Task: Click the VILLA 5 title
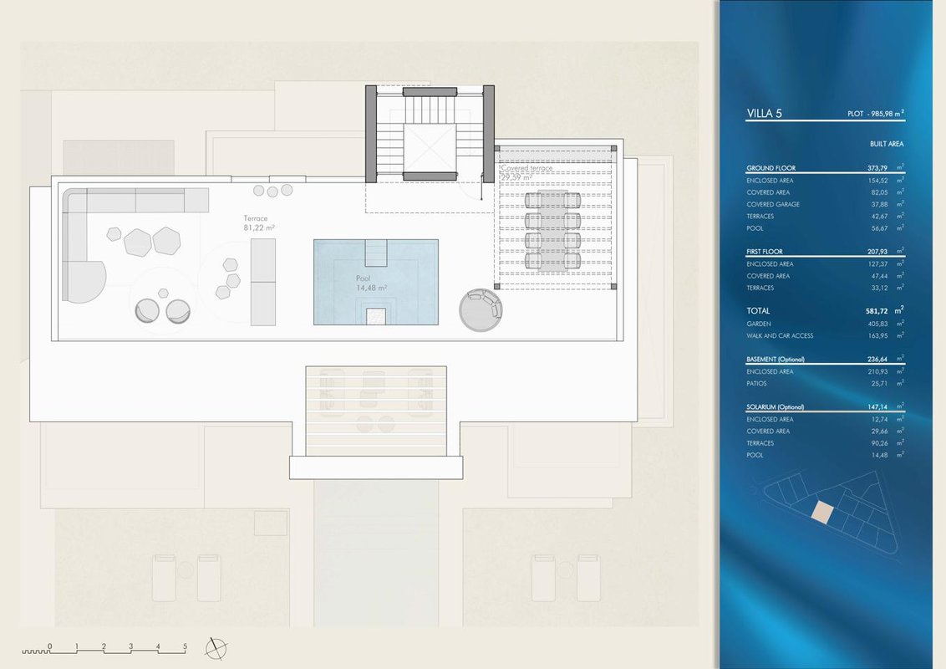764,113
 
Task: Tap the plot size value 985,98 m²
888,113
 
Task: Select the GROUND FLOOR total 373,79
877,168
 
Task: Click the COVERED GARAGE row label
773,204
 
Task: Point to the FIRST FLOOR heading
765,251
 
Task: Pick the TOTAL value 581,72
877,311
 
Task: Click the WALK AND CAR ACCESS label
780,335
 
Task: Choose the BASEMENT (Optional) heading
776,360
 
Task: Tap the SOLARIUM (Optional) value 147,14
877,407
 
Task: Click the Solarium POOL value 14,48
879,455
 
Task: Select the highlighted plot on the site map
821,512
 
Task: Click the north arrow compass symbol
216,648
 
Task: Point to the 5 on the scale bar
186,646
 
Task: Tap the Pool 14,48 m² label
371,283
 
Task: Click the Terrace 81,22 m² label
259,223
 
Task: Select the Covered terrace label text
526,168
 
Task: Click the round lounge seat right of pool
481,309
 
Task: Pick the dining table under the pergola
552,230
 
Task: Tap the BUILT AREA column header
887,144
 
